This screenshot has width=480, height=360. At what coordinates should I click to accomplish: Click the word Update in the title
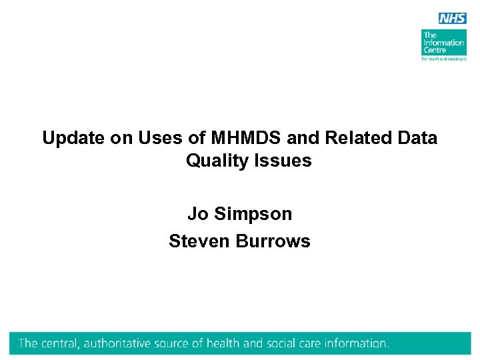(72, 138)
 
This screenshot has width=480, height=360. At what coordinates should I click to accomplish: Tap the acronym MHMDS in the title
(244, 138)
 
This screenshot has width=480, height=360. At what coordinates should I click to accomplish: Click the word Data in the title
(417, 138)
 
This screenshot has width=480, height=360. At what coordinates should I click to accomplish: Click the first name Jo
(198, 214)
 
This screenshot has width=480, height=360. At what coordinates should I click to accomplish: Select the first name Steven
(199, 241)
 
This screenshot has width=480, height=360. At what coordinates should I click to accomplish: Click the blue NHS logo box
(452, 18)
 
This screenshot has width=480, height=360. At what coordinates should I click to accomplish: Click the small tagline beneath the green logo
(443, 59)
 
